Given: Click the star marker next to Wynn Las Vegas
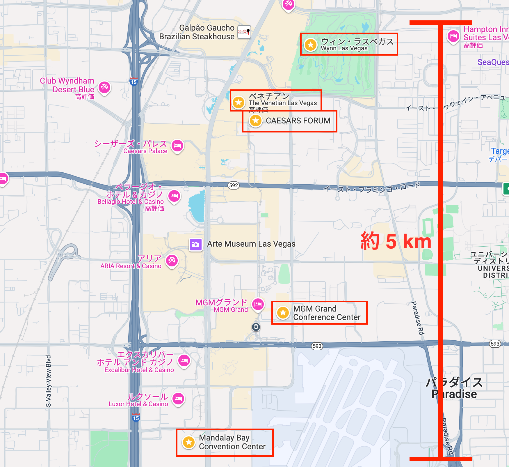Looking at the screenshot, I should [x=311, y=45].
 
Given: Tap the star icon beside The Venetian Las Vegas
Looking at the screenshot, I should [x=239, y=102].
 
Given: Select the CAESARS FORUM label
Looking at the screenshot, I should [x=298, y=121].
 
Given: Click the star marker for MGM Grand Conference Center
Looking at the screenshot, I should [x=283, y=313].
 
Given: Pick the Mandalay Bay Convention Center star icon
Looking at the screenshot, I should [x=189, y=442].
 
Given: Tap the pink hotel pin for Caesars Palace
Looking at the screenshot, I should [x=177, y=145].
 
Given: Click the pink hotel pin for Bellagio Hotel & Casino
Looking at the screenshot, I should [x=174, y=196].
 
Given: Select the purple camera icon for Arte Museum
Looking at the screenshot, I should [x=196, y=244].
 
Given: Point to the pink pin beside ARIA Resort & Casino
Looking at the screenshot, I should [x=172, y=260].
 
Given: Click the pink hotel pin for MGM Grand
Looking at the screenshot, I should [x=258, y=304].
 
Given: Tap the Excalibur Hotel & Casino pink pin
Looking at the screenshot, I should [x=184, y=361].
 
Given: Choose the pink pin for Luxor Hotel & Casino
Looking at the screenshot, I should [x=178, y=398].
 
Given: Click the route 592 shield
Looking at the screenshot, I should [x=234, y=185].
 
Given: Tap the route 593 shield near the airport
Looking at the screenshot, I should [x=317, y=346].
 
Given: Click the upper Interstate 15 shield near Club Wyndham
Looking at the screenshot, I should [x=134, y=82].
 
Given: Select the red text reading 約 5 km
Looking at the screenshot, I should [x=396, y=241].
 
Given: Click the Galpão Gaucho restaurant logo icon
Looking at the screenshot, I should [x=244, y=31].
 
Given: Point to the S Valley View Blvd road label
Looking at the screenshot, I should [x=49, y=381].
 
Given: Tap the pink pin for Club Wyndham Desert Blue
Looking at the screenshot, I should [x=104, y=87].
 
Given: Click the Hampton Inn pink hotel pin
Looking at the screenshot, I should [x=453, y=36].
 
